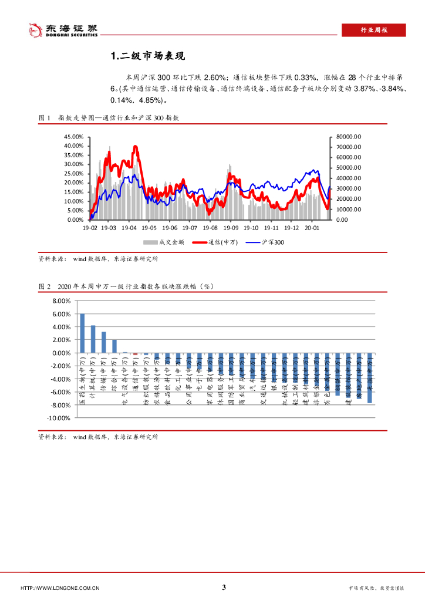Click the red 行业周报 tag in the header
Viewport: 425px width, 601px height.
(373, 31)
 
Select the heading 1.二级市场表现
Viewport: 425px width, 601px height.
(149, 56)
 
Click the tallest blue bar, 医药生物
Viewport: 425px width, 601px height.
(82, 333)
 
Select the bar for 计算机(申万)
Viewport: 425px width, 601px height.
(93, 339)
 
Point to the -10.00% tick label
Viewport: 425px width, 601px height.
(59, 418)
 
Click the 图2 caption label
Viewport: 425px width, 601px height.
(45, 286)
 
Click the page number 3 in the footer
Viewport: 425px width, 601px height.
(224, 588)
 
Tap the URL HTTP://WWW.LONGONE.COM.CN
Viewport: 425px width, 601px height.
(60, 588)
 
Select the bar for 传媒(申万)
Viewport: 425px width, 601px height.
(104, 342)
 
